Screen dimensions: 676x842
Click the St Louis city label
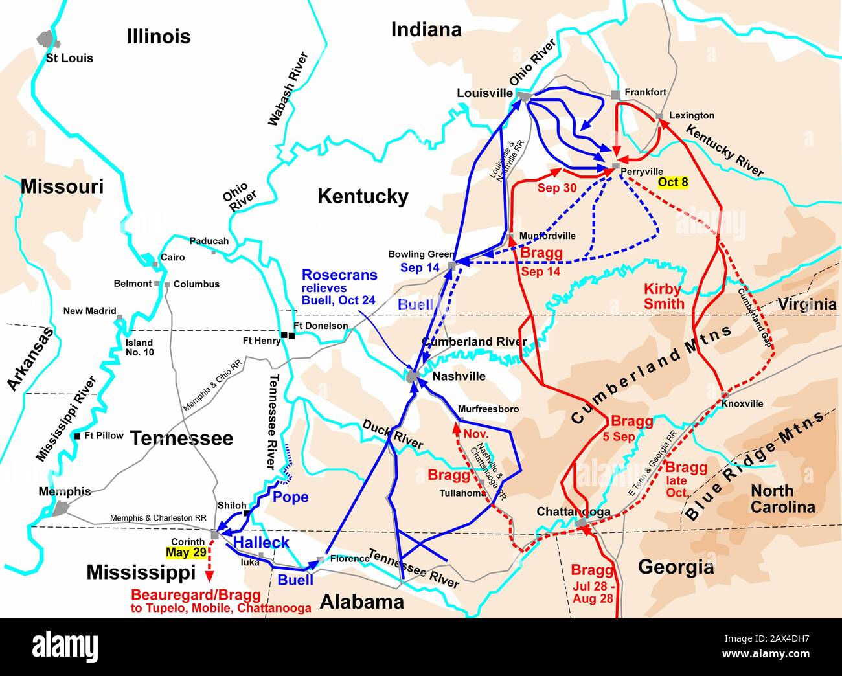[69, 58]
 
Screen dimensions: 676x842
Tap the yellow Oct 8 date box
[672, 183]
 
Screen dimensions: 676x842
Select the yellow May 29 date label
[186, 552]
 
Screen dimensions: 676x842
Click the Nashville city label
[459, 376]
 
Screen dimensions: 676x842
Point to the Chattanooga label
[573, 512]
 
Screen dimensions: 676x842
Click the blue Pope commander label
[290, 497]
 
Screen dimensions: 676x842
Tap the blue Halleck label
[260, 542]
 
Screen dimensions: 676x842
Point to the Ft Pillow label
[104, 436]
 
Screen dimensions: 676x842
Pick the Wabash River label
[287, 89]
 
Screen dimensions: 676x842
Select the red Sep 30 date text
[556, 188]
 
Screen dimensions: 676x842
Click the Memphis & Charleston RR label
[159, 518]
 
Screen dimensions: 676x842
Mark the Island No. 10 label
[139, 348]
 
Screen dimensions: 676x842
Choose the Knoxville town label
[742, 403]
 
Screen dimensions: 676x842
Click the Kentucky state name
[363, 196]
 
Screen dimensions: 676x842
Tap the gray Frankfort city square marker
[615, 95]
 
